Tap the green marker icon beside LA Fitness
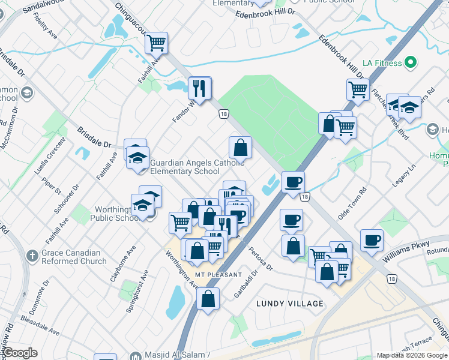pyautogui.click(x=411, y=62)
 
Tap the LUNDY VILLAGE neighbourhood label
pyautogui.click(x=289, y=304)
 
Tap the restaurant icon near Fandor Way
pyautogui.click(x=199, y=88)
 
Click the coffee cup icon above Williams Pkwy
pyautogui.click(x=372, y=240)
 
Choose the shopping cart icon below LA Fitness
pyautogui.click(x=358, y=89)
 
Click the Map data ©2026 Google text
pyautogui.click(x=411, y=355)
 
